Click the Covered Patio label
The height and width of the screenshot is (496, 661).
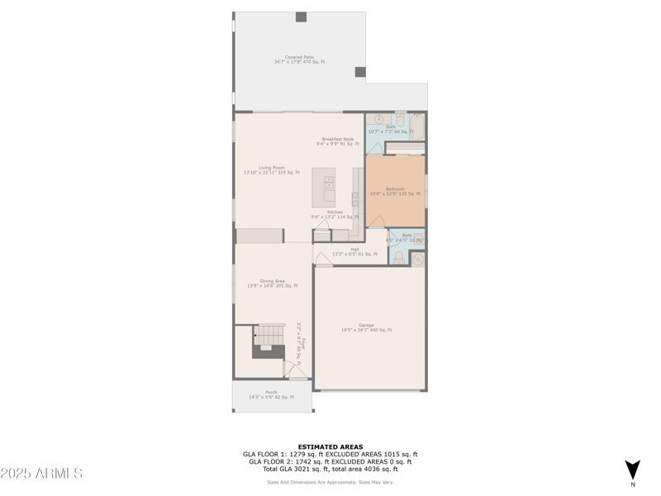coord(299,60)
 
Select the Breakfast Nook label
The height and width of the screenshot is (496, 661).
coord(337,141)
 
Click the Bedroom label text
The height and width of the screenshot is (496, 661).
coord(396,191)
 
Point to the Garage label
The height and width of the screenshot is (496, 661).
coord(366,327)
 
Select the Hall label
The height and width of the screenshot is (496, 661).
coord(354,251)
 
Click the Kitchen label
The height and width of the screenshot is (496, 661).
coord(335,214)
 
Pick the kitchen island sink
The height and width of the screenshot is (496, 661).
coord(329,181)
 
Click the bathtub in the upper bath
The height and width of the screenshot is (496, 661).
coord(416,126)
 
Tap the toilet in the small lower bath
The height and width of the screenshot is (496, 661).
coord(397,258)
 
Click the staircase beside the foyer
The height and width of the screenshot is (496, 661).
coord(268,335)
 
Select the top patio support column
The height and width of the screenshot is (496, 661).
coord(301,17)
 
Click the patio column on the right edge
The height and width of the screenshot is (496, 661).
coord(360,72)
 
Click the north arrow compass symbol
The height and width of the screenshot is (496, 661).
coord(632,470)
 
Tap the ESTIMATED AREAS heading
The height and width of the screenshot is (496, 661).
coord(330,446)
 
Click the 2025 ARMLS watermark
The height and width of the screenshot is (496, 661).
coord(41,474)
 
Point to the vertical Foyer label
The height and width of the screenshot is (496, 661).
coord(302,344)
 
